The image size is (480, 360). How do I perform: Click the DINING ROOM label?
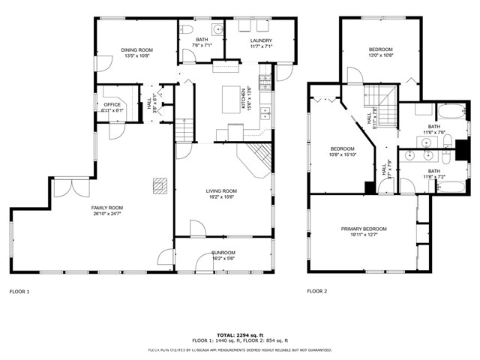[136, 50]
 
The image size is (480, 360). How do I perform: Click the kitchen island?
[230, 99]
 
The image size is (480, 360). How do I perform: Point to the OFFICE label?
[112, 105]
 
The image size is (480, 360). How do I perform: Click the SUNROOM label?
[223, 253]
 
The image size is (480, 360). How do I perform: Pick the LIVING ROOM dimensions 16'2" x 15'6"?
[221, 196]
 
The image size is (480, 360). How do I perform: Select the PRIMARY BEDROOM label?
[364, 229]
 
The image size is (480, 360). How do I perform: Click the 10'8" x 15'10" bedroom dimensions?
[342, 155]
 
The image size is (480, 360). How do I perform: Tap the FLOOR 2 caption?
[316, 291]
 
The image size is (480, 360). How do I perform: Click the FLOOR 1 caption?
[19, 291]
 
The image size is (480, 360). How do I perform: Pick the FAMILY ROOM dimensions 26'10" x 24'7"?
[107, 214]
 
